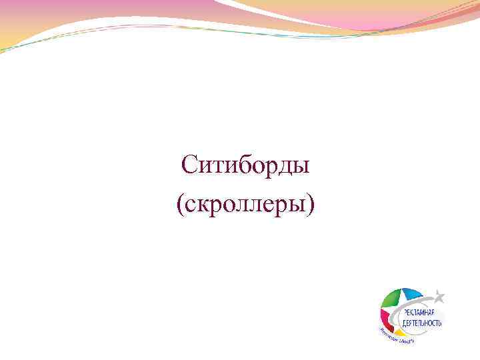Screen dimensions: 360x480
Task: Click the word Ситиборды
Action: click(x=245, y=165)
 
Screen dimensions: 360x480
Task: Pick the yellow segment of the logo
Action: click(x=396, y=331)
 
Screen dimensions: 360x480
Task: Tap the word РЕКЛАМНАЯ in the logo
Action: click(x=420, y=312)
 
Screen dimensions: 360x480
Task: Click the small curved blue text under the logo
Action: click(x=398, y=337)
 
